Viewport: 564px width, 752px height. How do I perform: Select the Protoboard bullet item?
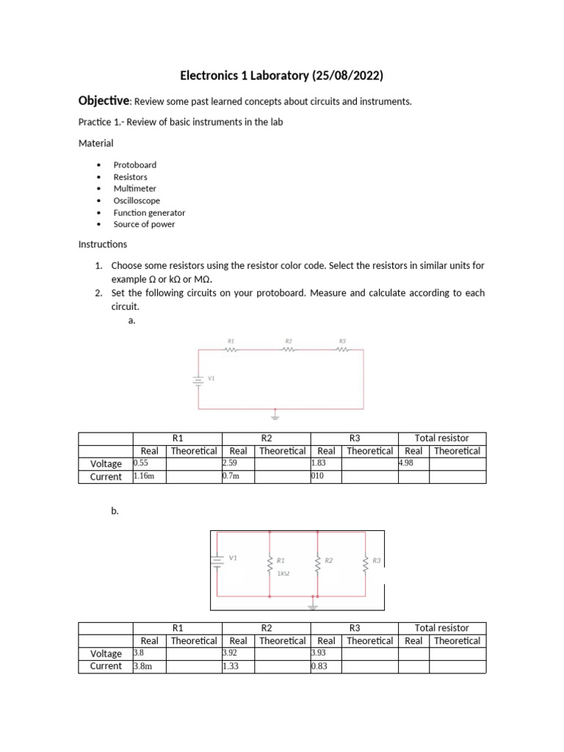(134, 165)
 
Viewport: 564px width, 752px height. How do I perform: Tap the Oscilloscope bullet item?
(136, 200)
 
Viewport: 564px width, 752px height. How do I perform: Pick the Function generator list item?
(149, 212)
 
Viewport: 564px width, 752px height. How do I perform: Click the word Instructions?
(102, 244)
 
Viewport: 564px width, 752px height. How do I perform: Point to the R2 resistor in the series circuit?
(289, 349)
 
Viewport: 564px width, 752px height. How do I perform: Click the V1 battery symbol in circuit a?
(198, 380)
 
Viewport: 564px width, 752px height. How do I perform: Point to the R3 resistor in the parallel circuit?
(364, 564)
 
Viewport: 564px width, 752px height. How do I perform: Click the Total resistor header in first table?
(441, 438)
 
